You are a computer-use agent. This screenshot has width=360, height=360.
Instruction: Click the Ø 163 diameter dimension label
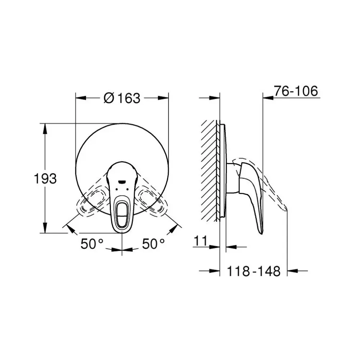click(x=122, y=98)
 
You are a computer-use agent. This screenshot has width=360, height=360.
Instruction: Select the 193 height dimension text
click(x=45, y=179)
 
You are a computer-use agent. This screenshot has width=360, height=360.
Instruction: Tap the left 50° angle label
click(x=92, y=244)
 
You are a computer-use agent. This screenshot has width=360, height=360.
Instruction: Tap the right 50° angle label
click(x=153, y=244)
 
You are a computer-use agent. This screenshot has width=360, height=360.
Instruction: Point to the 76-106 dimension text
click(x=296, y=91)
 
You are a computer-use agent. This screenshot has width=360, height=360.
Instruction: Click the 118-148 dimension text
click(x=254, y=271)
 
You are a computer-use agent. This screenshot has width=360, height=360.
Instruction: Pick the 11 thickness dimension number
click(x=201, y=240)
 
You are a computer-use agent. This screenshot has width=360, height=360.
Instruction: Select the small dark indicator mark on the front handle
click(x=121, y=182)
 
